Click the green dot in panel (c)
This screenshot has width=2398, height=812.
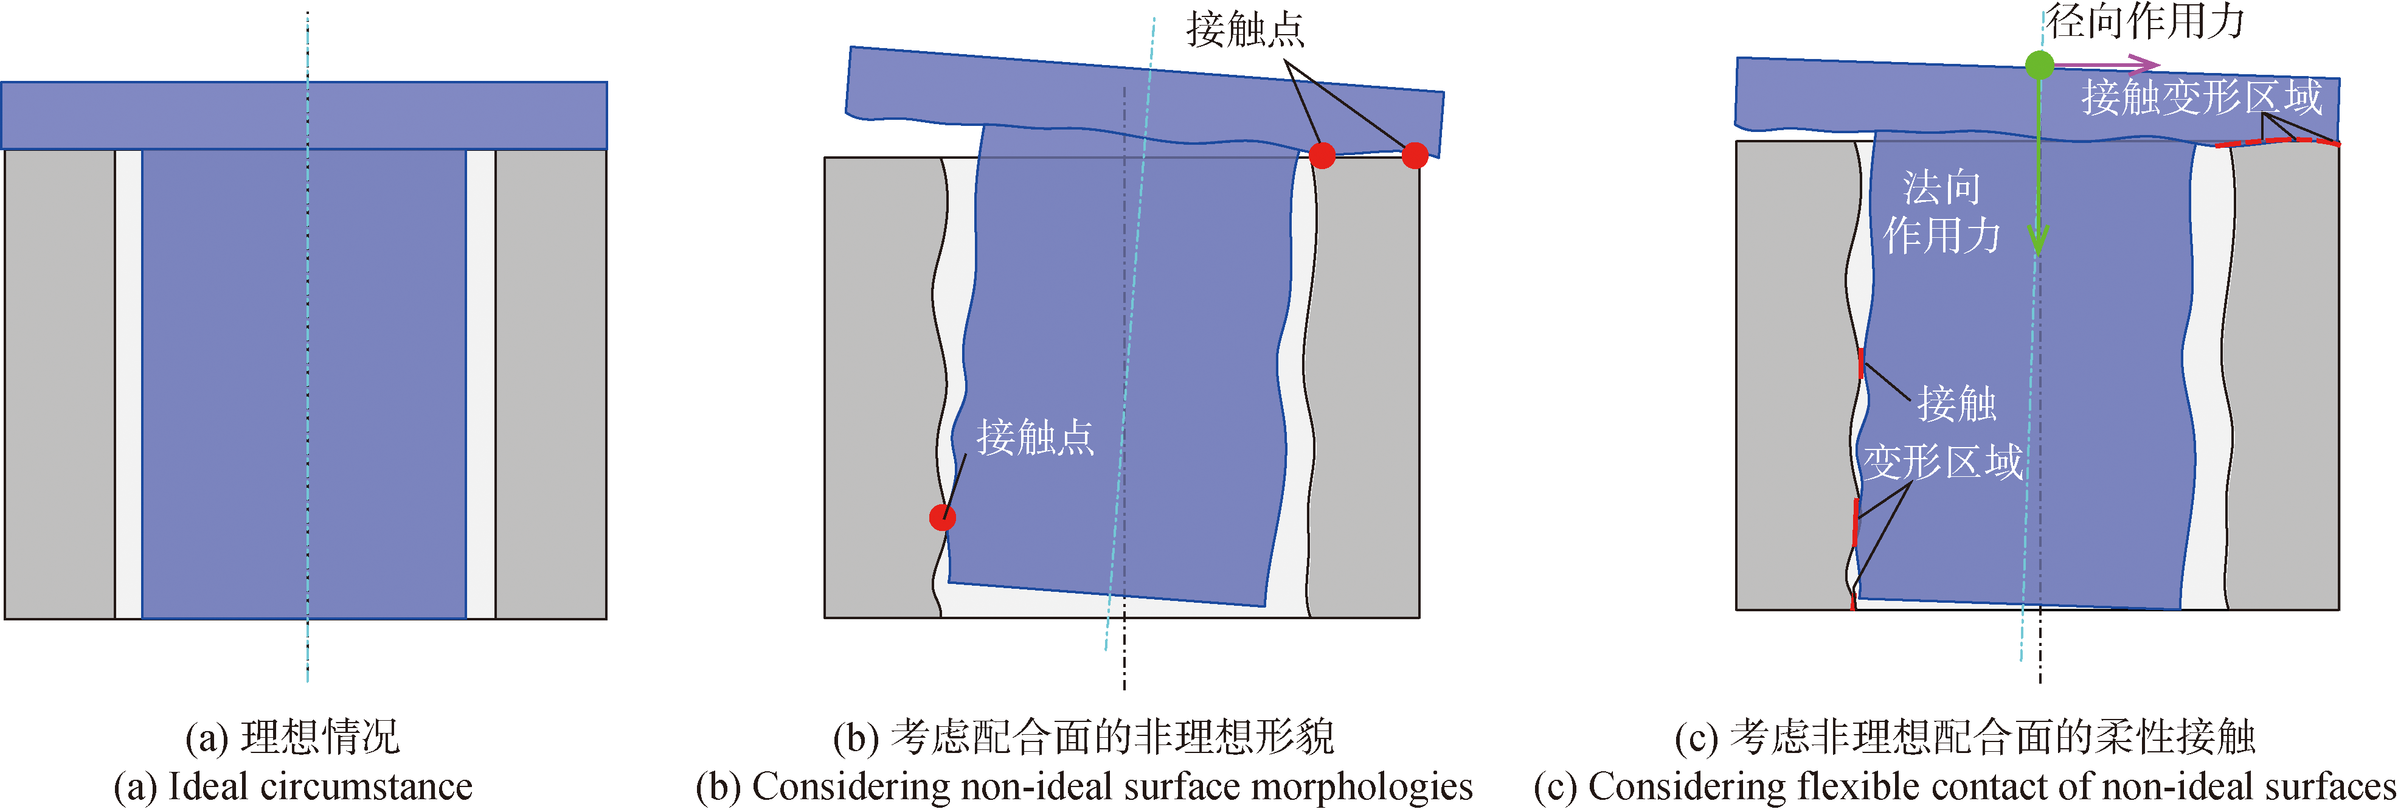point(2039,65)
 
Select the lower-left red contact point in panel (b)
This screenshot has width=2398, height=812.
point(942,517)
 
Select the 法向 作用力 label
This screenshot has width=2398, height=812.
point(1941,212)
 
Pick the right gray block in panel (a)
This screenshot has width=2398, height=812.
point(550,384)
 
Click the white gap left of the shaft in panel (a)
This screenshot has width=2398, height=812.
point(128,384)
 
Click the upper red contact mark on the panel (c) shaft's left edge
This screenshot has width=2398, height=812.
point(1860,363)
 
